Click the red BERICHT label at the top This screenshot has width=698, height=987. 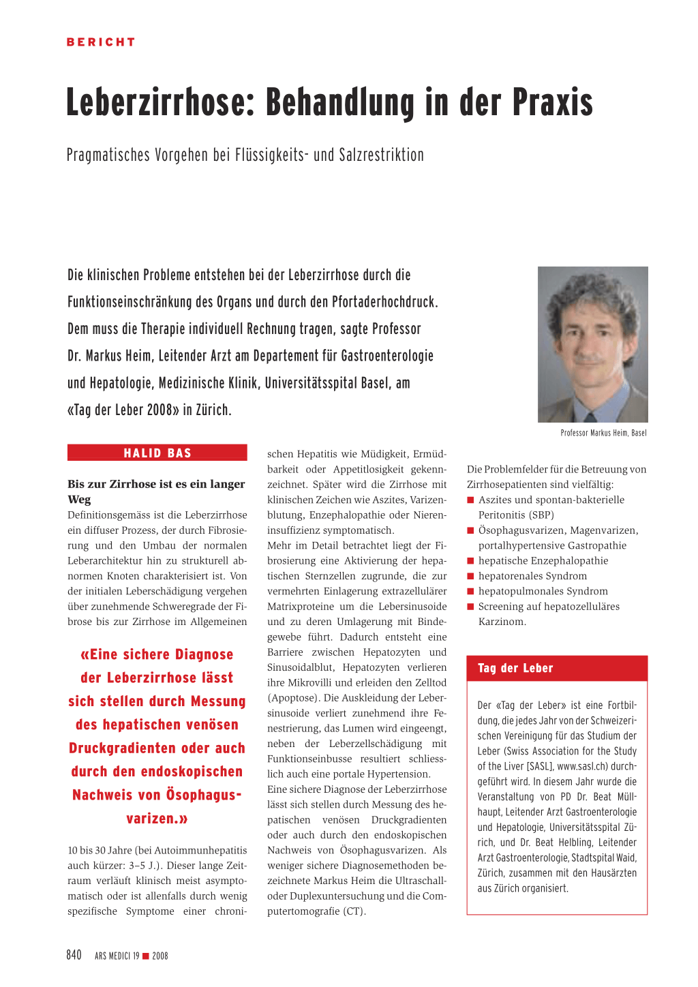[x=101, y=42]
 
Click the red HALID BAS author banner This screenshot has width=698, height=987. [x=157, y=453]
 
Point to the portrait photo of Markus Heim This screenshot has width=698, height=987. [x=592, y=344]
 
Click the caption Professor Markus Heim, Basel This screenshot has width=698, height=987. [x=603, y=433]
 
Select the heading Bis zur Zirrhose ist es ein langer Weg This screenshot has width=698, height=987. [x=156, y=491]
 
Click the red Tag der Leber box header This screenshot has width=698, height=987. [x=557, y=668]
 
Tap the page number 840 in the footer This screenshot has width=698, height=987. [x=74, y=955]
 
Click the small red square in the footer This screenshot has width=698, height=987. [x=145, y=956]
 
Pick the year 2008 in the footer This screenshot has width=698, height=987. [x=160, y=956]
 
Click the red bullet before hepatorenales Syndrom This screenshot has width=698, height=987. [x=470, y=576]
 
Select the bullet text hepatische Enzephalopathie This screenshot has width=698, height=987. [x=543, y=560]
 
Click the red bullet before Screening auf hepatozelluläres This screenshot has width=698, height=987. [x=470, y=607]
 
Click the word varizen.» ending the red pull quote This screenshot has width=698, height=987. [x=157, y=818]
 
